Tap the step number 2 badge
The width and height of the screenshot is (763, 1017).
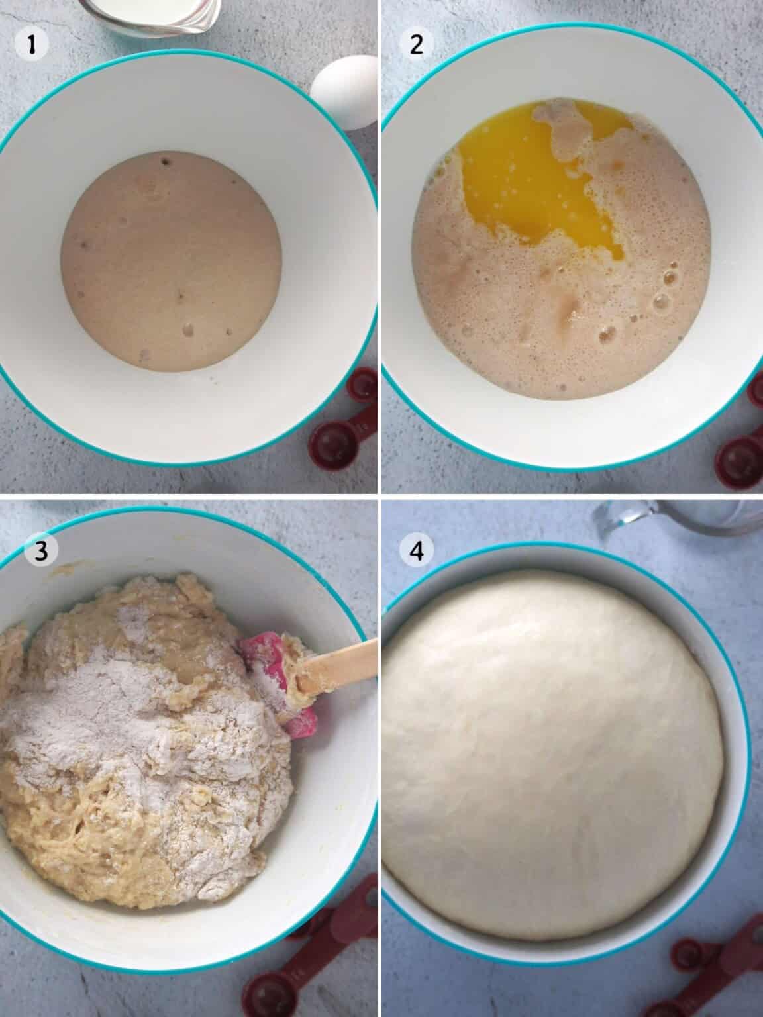point(417,44)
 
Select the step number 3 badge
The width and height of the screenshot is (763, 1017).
point(41,551)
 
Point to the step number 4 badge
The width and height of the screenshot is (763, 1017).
point(417,551)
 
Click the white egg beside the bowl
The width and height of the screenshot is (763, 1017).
point(345,92)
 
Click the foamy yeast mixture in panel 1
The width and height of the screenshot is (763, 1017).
point(171,261)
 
